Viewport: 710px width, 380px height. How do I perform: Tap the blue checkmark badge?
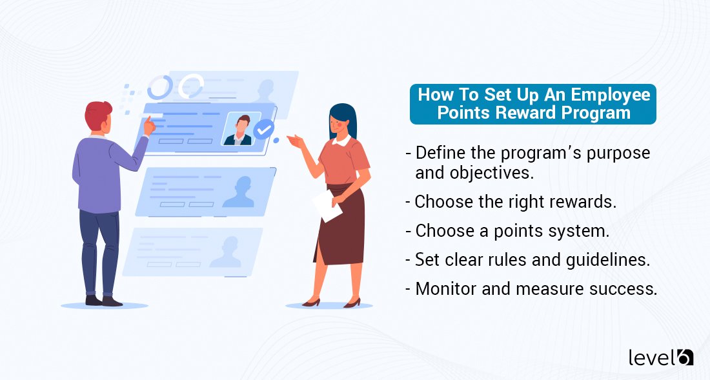coord(263,130)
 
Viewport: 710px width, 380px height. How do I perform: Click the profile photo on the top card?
coord(240,129)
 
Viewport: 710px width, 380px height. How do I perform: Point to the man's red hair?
coord(99,115)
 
